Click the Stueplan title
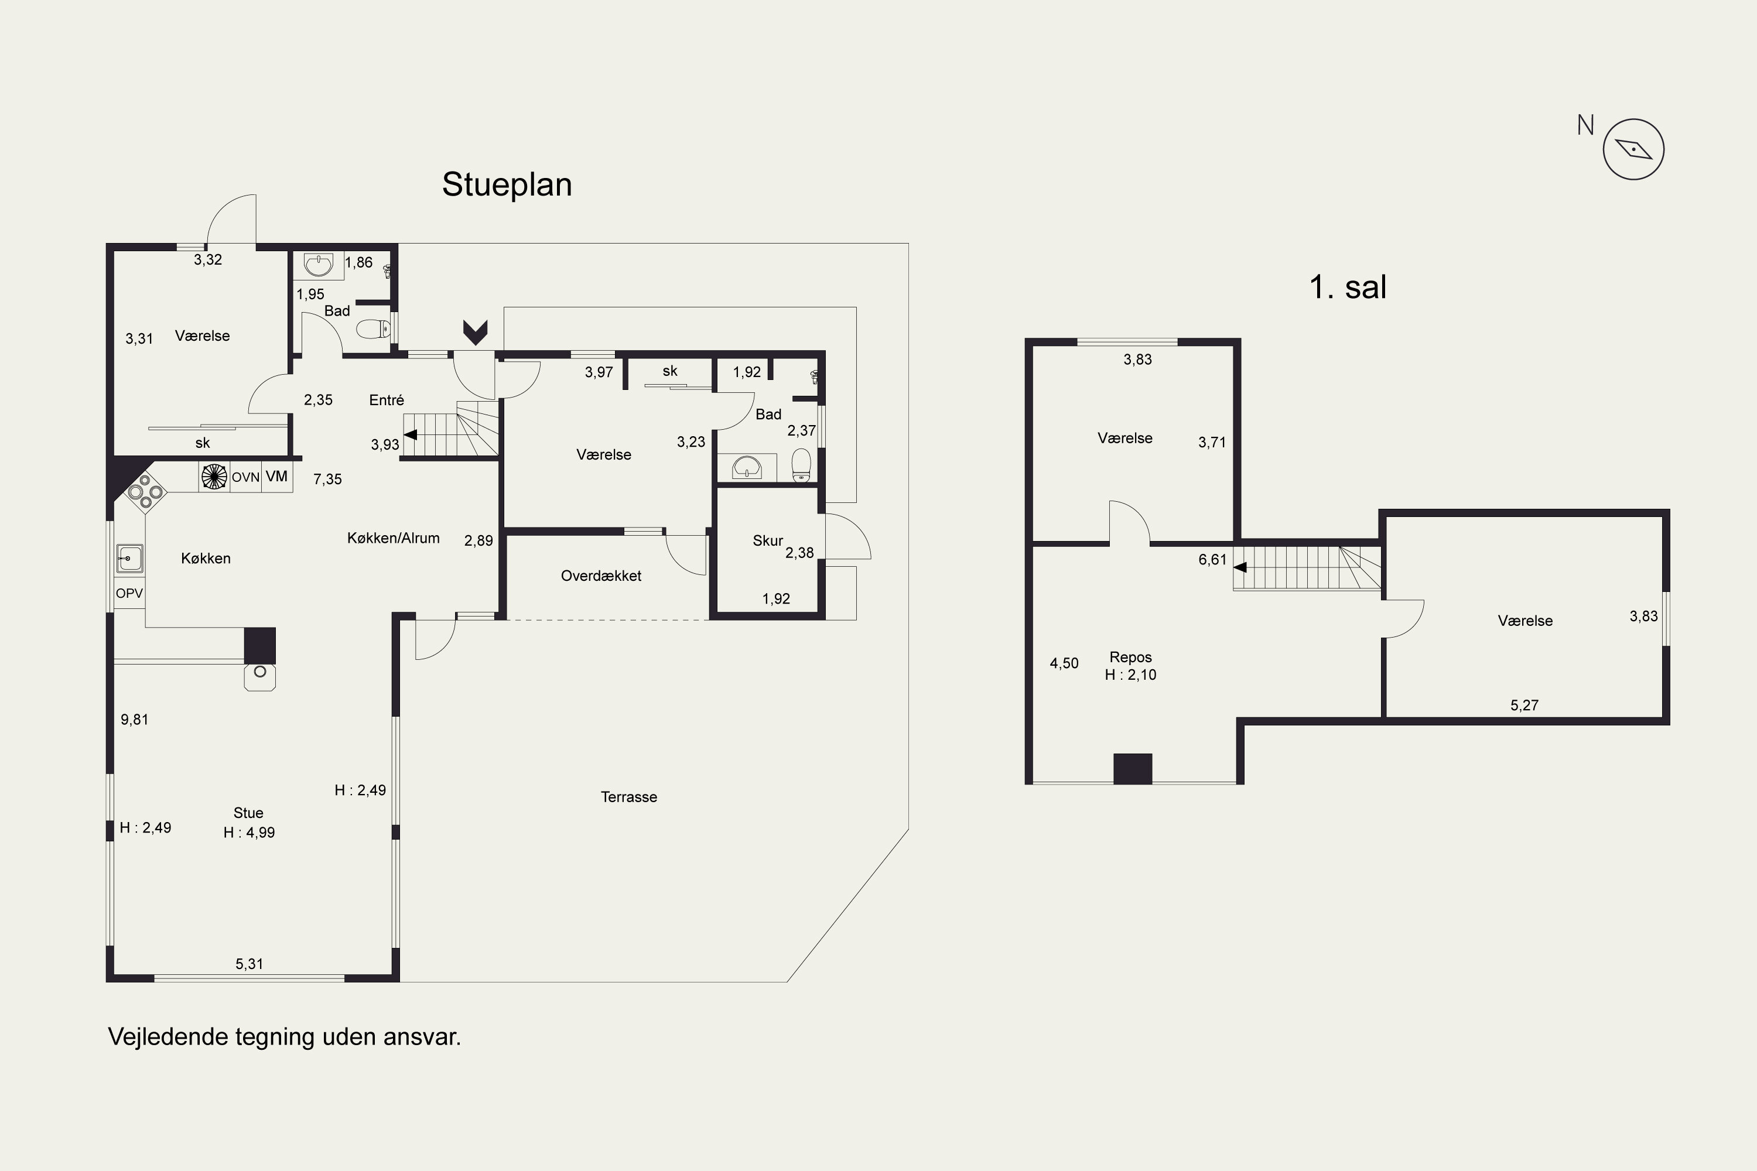pyautogui.click(x=507, y=184)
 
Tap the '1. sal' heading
pyautogui.click(x=1348, y=287)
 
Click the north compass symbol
pyautogui.click(x=1633, y=149)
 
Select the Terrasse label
pyautogui.click(x=629, y=797)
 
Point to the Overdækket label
pyautogui.click(x=601, y=576)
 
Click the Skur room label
pyautogui.click(x=767, y=540)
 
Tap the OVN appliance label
pyautogui.click(x=245, y=477)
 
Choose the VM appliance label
pyautogui.click(x=276, y=477)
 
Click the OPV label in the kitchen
pyautogui.click(x=129, y=593)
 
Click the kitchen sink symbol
pyautogui.click(x=129, y=559)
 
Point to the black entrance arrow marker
pyautogui.click(x=475, y=331)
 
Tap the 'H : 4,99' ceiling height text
pyautogui.click(x=249, y=833)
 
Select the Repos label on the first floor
pyautogui.click(x=1130, y=657)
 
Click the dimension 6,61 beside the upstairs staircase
pyautogui.click(x=1212, y=559)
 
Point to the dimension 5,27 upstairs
pyautogui.click(x=1524, y=705)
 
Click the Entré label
pyautogui.click(x=386, y=400)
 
